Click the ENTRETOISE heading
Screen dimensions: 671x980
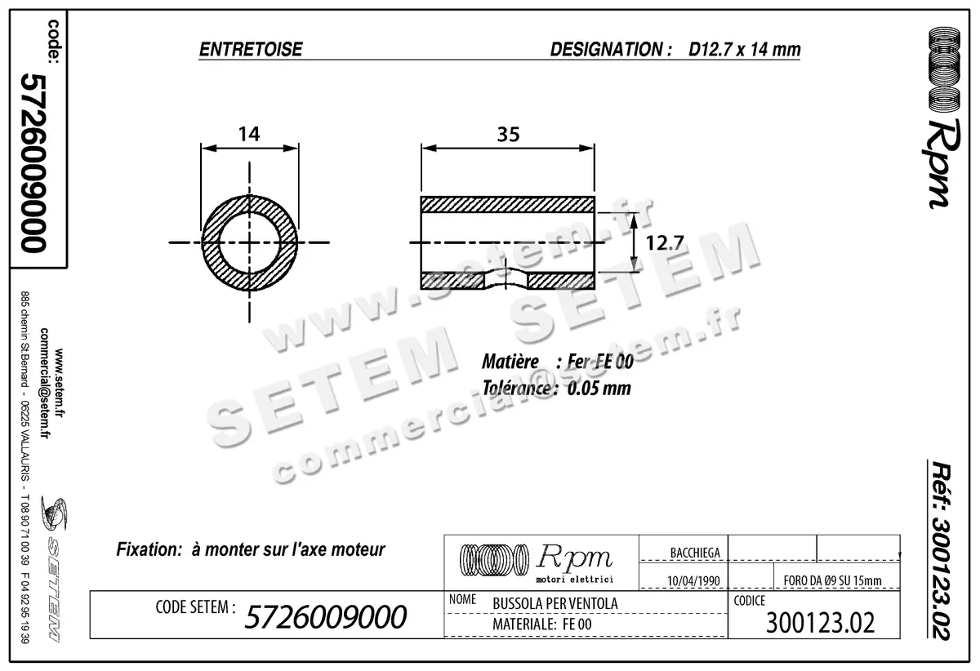coord(251,50)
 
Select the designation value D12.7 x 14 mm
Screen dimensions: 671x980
coord(744,50)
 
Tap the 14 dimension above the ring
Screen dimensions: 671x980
coord(248,135)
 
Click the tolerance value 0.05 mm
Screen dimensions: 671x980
coord(599,389)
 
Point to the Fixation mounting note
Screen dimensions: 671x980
coord(251,549)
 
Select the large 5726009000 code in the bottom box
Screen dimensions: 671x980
coord(325,618)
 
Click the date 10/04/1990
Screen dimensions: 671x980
coord(693,580)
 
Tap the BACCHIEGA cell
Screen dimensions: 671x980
coord(694,553)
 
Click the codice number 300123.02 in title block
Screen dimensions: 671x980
coord(821,623)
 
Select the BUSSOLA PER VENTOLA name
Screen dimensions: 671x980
coord(555,603)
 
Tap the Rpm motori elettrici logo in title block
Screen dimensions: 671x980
coord(540,562)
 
